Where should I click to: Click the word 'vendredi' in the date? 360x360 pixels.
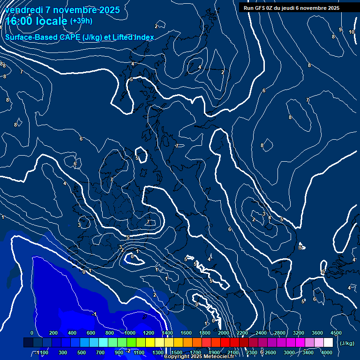(22, 10)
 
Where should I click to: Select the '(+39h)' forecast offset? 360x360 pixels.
(81, 21)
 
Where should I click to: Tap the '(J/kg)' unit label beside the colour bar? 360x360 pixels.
(346, 344)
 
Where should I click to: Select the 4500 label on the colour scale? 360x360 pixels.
(336, 333)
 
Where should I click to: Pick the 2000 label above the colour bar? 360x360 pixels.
(223, 333)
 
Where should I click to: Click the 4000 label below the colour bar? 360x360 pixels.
(327, 352)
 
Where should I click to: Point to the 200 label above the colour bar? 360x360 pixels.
(53, 333)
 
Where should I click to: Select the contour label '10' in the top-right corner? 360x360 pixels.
(352, 32)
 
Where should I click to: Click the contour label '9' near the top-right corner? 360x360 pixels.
(340, 30)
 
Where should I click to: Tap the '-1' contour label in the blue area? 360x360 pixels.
(94, 314)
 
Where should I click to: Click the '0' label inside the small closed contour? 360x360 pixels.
(132, 256)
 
